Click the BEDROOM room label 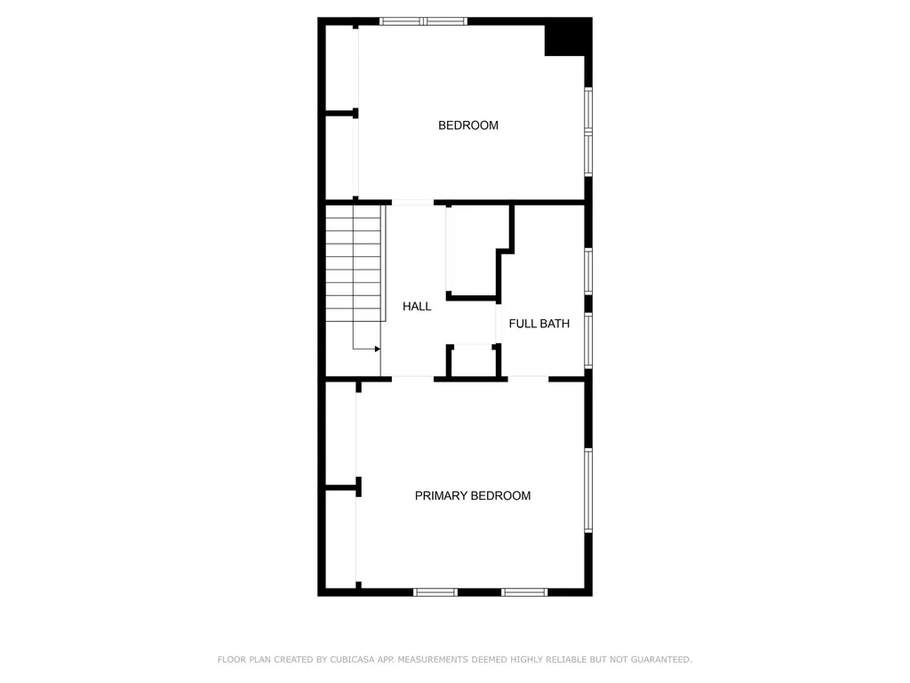coord(467,125)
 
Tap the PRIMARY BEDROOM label coord(473,495)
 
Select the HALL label coord(417,306)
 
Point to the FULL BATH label coord(539,324)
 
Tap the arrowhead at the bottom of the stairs coord(377,349)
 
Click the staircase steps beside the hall coord(354,263)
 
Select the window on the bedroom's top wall coord(424,21)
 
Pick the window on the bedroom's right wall coord(588,132)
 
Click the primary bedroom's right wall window coord(588,491)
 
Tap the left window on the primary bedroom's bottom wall coord(435,592)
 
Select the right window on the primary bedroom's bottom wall coord(524,592)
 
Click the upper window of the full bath coord(588,271)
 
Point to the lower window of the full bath coord(588,341)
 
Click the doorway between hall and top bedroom coord(412,203)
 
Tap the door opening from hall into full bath coord(499,324)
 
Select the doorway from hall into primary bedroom coord(412,379)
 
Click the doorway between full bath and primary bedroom coord(528,379)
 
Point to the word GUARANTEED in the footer coord(661,660)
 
